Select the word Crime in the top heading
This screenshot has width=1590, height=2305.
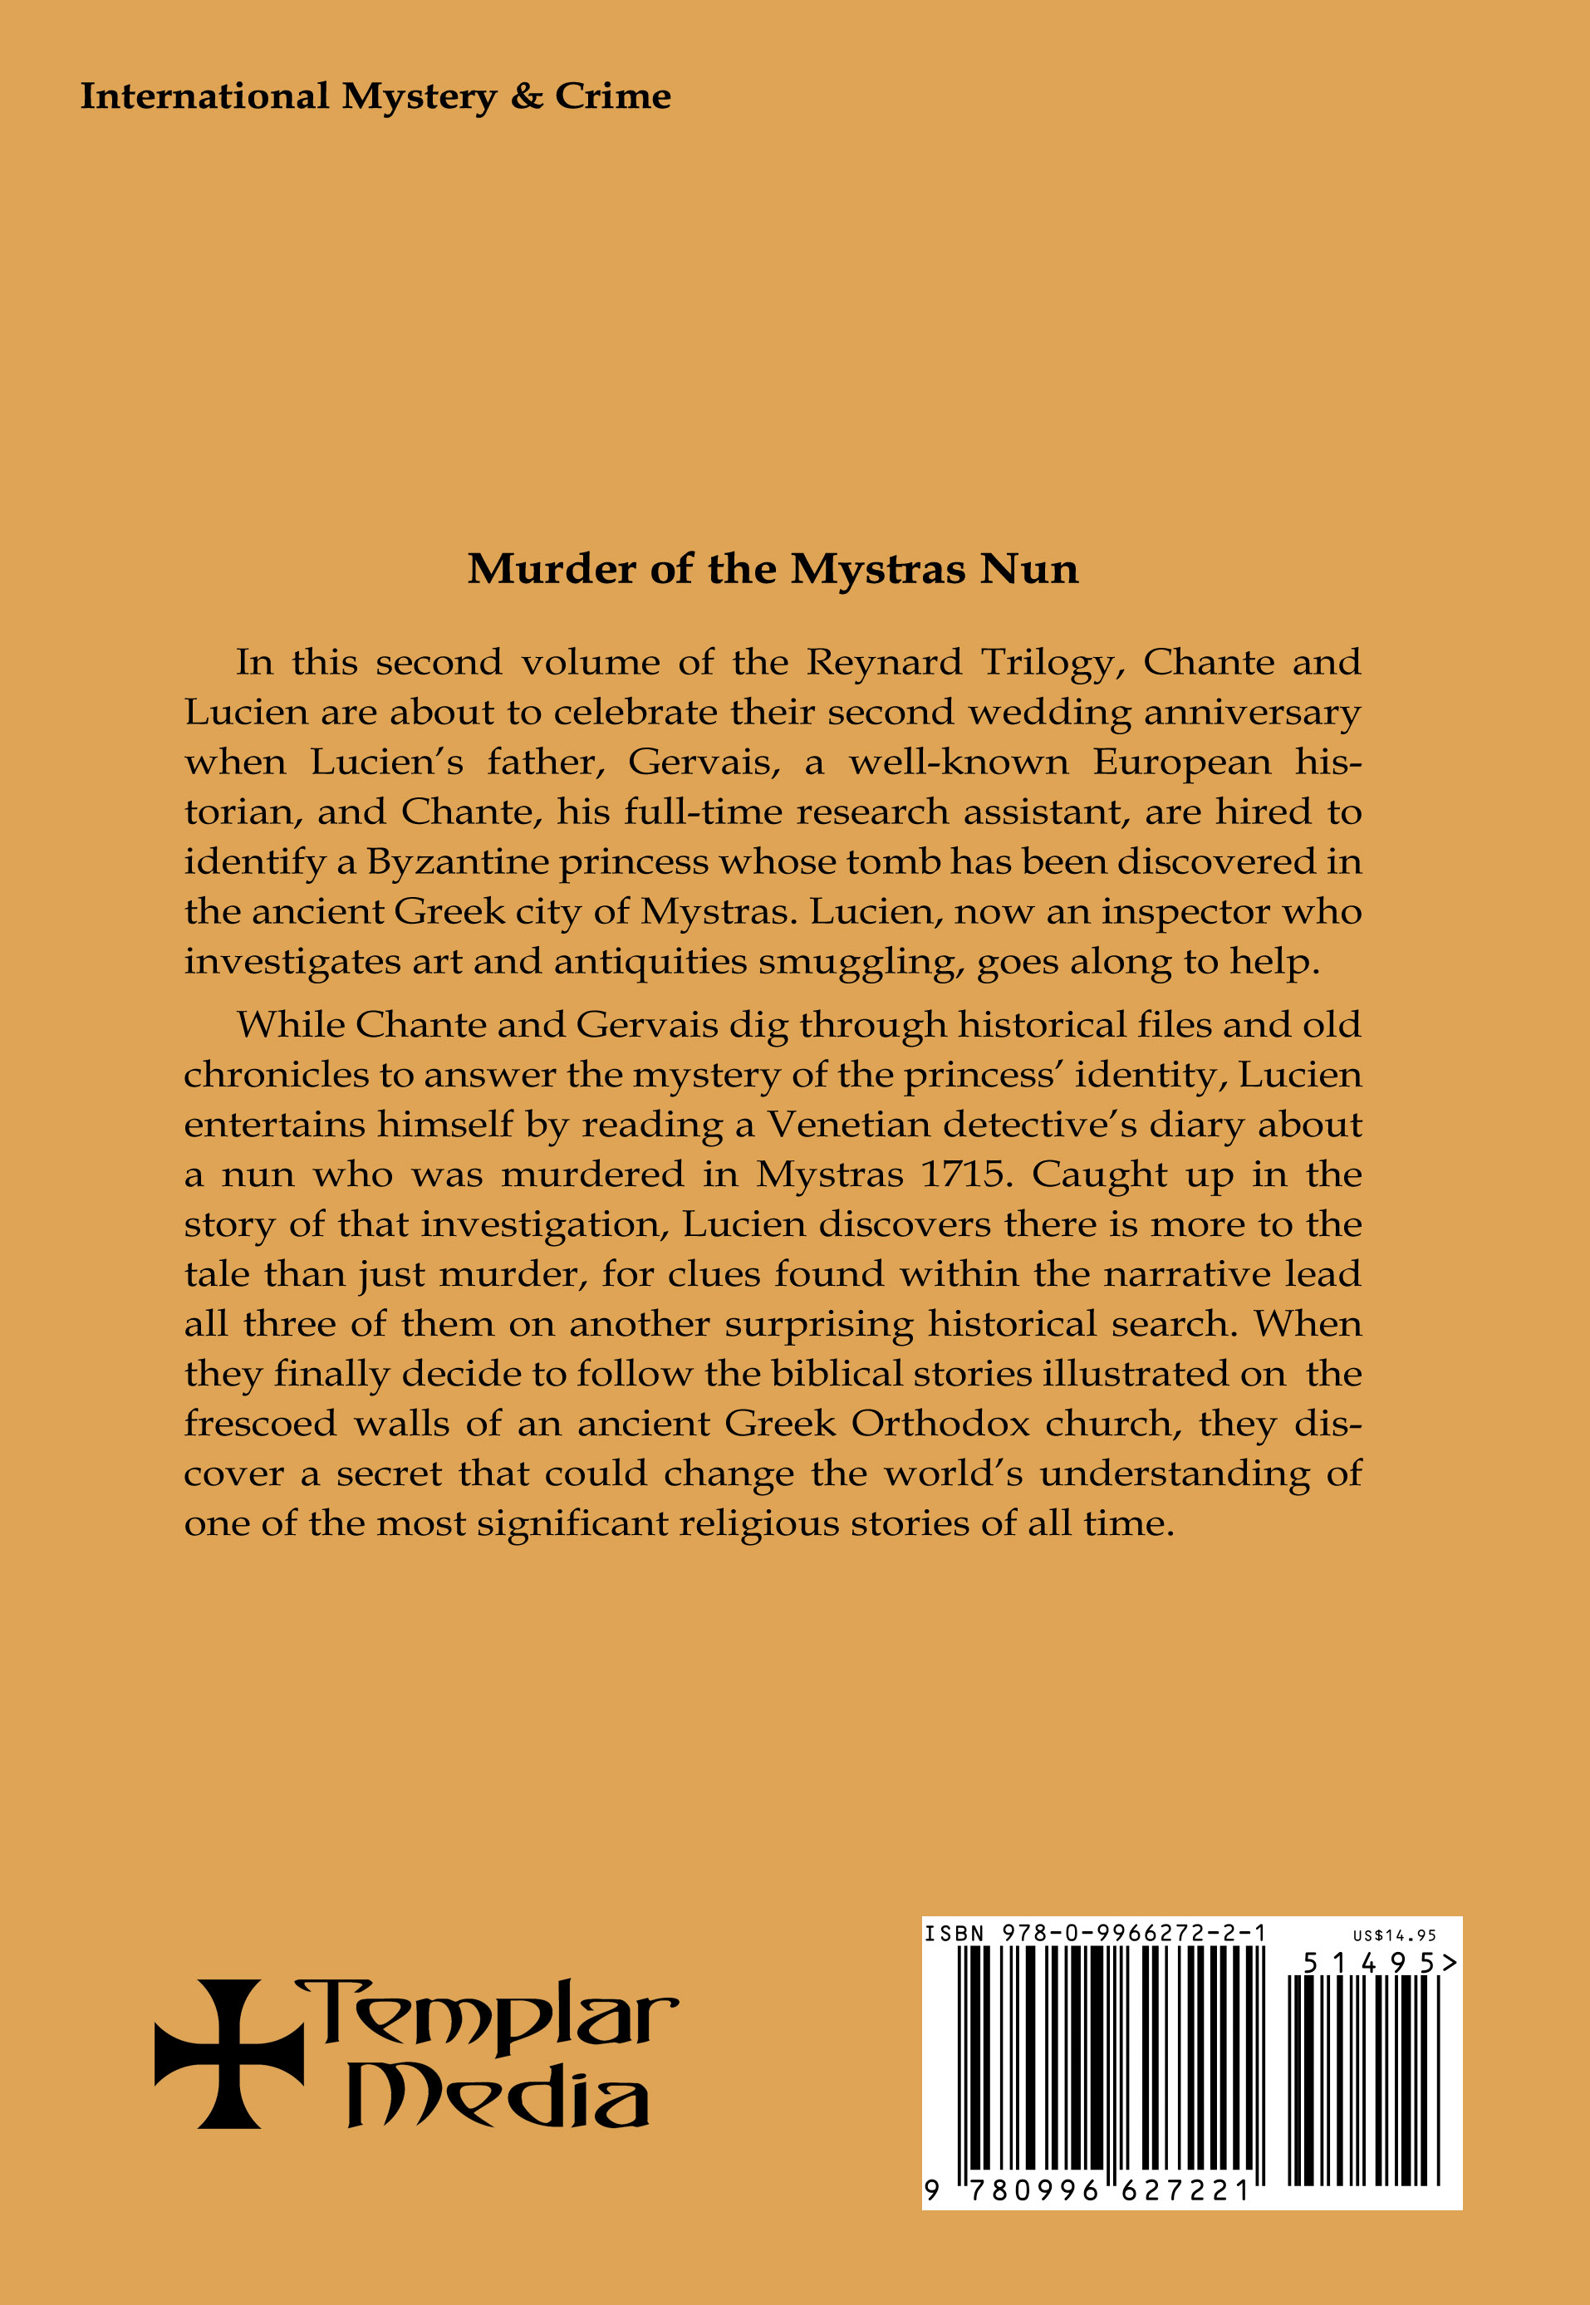[613, 96]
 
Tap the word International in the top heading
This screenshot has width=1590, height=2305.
[204, 96]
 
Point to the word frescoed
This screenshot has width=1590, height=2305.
[261, 1424]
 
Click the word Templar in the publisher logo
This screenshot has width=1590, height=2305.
[488, 2014]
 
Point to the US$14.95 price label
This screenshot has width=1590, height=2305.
[1394, 1935]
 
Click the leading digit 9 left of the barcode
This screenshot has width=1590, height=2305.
[932, 2190]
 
